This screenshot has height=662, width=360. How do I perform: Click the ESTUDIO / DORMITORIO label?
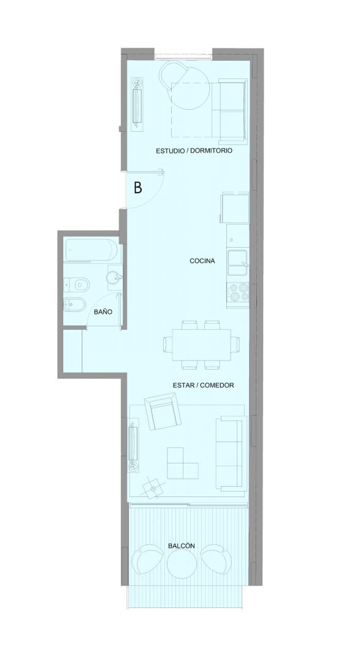point(194,150)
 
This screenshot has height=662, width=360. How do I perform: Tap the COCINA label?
point(202,261)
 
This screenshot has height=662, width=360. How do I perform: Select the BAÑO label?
point(103,312)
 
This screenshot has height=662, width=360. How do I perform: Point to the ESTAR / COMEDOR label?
point(203,385)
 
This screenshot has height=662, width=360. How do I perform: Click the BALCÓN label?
point(182,546)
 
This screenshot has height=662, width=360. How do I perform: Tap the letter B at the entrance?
point(138,188)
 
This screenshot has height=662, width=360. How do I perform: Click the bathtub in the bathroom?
point(90,250)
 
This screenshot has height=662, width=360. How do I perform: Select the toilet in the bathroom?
point(76,286)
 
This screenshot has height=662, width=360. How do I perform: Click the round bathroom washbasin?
point(114,278)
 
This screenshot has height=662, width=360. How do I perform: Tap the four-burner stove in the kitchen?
point(239,291)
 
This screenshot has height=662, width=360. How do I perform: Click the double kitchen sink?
point(239,263)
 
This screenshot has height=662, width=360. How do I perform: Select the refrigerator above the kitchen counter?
point(236,208)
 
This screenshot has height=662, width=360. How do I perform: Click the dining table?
point(202,344)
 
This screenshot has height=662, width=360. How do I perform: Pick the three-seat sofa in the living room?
point(231,454)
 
